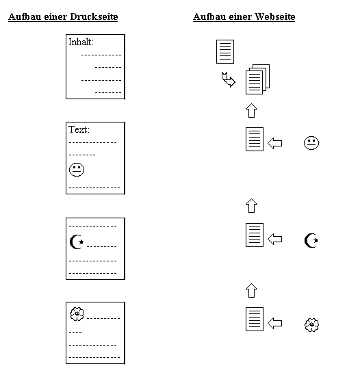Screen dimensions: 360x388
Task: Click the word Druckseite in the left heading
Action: point(94,16)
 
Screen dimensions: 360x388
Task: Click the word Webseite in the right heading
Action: point(275,16)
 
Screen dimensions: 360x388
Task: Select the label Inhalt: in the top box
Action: point(81,42)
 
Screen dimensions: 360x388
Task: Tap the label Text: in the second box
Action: point(79,129)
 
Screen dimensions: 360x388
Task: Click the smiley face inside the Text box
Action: point(77,170)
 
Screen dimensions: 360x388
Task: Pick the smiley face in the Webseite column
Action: point(311,143)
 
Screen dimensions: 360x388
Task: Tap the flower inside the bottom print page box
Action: point(77,314)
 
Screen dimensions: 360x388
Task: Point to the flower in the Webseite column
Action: point(312,325)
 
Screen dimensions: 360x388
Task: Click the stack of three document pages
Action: point(257,79)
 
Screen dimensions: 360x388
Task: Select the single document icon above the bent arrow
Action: point(225,51)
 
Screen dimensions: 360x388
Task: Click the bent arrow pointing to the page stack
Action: point(229,79)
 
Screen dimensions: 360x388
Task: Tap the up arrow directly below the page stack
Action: point(252,110)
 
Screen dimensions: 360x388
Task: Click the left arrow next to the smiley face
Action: point(275,143)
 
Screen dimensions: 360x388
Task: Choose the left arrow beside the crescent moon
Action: point(275,239)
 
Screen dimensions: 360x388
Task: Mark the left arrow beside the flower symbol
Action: point(275,323)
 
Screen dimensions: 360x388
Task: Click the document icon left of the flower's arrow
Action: point(255,319)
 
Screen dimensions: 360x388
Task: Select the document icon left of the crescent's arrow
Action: point(255,235)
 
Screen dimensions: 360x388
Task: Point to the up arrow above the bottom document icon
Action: point(252,291)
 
